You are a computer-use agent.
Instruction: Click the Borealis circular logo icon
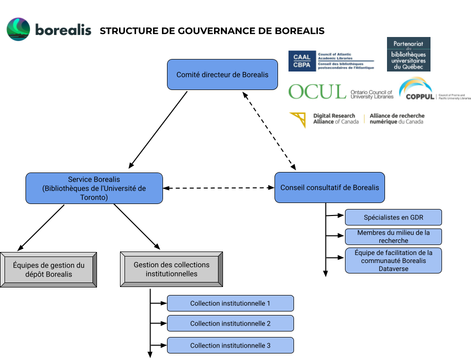[18, 29]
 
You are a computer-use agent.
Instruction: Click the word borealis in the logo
[63, 30]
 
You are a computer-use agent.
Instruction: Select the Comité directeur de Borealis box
[222, 74]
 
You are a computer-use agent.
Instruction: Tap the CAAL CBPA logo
[331, 61]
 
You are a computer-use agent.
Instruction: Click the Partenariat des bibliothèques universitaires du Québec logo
[408, 54]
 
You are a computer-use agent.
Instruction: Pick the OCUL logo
[340, 92]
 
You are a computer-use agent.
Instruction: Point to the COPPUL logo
[434, 89]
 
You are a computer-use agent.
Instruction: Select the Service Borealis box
[94, 188]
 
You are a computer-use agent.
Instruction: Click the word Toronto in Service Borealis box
[94, 197]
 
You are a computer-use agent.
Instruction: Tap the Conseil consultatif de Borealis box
[329, 187]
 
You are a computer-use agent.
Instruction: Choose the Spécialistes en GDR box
[393, 217]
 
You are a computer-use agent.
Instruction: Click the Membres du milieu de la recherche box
[393, 236]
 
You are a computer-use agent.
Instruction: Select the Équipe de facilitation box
[393, 260]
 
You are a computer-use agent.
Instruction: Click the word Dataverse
[393, 268]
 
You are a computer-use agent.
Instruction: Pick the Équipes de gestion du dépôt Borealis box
[48, 269]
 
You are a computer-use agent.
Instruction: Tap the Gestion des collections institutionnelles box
[171, 269]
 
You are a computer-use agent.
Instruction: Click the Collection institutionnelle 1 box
[230, 303]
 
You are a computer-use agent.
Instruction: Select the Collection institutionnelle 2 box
[230, 323]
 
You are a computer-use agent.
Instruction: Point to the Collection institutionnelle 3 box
[230, 345]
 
